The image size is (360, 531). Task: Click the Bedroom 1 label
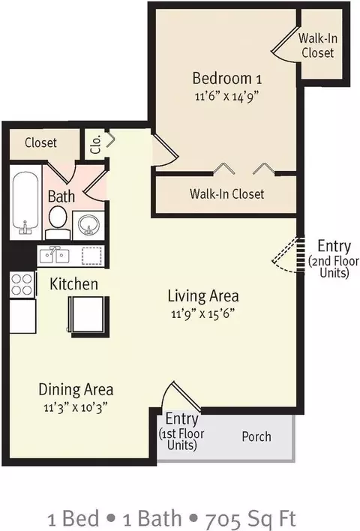tap(227, 78)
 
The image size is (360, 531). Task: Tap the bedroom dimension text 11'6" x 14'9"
tap(226, 97)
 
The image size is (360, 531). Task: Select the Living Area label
tap(203, 295)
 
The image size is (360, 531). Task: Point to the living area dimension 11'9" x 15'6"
tap(202, 314)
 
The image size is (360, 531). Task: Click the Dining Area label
tap(76, 389)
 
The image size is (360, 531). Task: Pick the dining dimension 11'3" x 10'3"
tap(76, 407)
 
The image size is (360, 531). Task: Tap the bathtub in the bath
tap(25, 202)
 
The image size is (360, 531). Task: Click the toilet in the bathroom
tap(58, 222)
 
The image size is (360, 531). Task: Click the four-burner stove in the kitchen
tap(22, 284)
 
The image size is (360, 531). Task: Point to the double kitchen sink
tap(54, 256)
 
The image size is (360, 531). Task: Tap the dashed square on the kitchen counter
tap(91, 256)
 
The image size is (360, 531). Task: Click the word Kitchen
tap(73, 283)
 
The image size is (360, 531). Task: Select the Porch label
tap(256, 436)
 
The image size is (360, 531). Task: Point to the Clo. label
tap(97, 144)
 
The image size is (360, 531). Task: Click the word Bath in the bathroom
tap(61, 196)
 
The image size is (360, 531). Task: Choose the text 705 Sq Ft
tap(251, 518)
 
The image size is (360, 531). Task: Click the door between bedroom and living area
tap(165, 151)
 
